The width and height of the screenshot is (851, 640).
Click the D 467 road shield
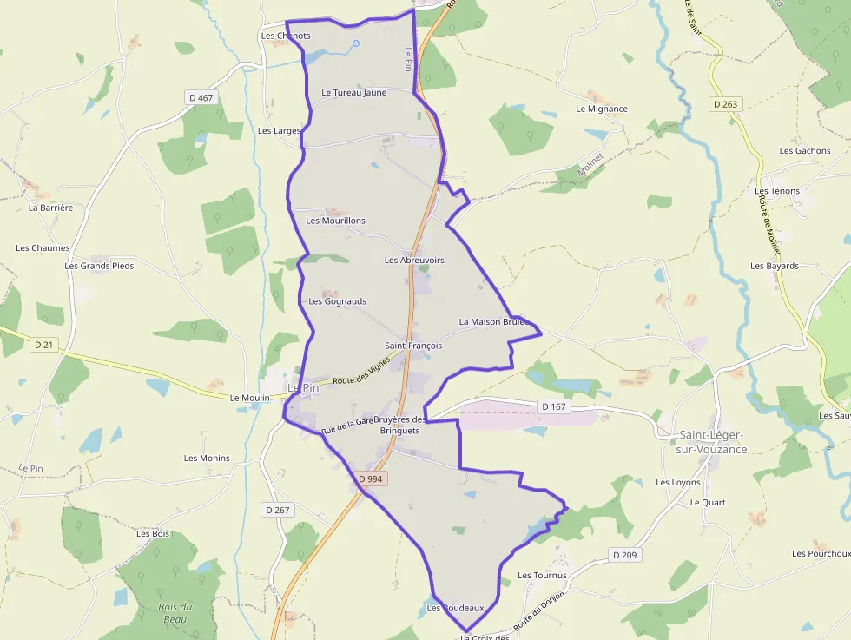201,98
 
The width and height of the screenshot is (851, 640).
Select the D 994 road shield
370,478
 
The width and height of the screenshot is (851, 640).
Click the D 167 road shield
553,406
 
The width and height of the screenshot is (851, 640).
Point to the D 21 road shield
43,345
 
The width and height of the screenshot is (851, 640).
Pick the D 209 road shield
624,555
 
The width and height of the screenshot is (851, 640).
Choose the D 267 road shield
277,510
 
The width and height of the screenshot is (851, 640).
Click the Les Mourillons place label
335,221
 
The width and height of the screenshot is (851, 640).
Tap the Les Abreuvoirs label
414,261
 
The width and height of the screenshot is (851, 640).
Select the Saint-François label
413,346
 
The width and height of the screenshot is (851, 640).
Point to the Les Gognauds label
338,301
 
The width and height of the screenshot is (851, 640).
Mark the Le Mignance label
602,109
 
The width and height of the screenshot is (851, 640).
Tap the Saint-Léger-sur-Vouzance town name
712,442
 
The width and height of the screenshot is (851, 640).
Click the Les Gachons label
805,151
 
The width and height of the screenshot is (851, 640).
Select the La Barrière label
50,208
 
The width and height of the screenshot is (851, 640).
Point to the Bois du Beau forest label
175,613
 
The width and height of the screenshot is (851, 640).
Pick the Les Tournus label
542,576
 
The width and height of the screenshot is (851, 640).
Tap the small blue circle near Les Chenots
355,43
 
